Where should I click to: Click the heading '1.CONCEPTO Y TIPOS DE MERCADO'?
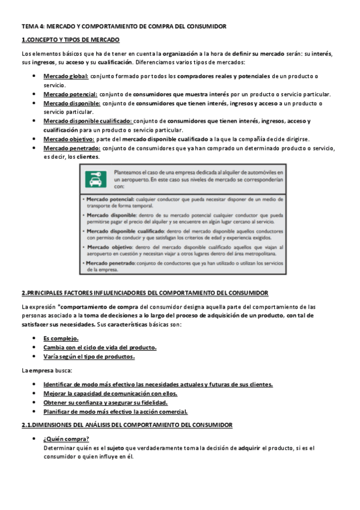tap(70, 40)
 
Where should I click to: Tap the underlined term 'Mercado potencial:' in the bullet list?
tap(70, 94)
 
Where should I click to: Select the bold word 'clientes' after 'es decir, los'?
tap(88, 157)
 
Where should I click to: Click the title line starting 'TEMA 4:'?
tap(123, 26)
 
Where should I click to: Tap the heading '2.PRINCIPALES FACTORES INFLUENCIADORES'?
tap(145, 293)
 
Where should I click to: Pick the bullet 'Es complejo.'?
tap(61, 338)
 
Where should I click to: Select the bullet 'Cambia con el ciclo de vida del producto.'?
tap(100, 347)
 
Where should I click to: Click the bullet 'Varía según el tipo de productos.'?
tap(89, 356)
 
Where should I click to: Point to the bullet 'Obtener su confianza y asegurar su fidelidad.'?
tap(105, 402)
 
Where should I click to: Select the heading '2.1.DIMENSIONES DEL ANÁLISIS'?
tap(127, 425)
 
